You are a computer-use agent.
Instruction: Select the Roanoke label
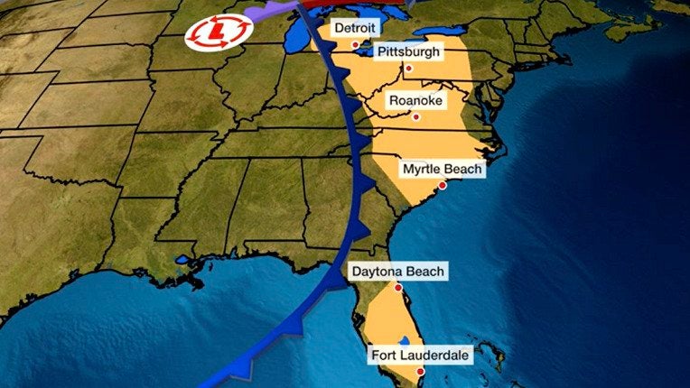[x=415, y=101]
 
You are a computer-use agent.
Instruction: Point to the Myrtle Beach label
[x=443, y=170]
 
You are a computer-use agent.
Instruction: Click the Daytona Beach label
[x=398, y=272]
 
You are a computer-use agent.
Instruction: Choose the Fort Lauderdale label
[x=420, y=356]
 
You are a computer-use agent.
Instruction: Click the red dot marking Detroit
[x=355, y=44]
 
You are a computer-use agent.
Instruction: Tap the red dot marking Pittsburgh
[x=408, y=68]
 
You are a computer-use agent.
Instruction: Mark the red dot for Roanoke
[x=416, y=116]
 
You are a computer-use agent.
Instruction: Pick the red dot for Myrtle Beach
[x=443, y=185]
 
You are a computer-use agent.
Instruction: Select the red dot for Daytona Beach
[x=398, y=287]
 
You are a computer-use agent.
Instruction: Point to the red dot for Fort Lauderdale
[x=420, y=372]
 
